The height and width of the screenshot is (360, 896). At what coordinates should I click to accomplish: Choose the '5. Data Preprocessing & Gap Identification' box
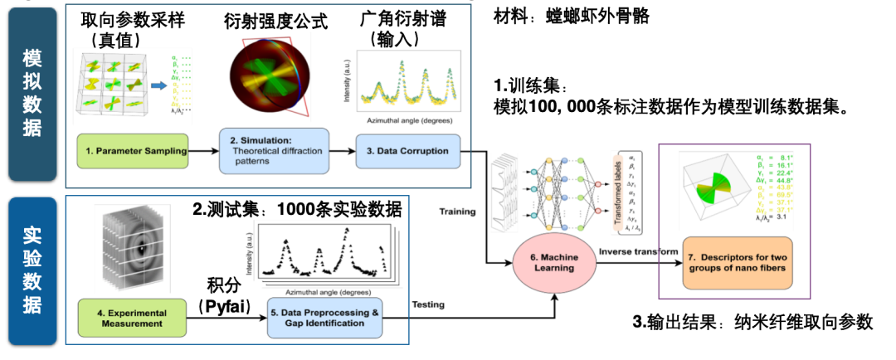(x=324, y=318)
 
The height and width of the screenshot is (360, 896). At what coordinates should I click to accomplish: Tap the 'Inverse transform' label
(x=632, y=251)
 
